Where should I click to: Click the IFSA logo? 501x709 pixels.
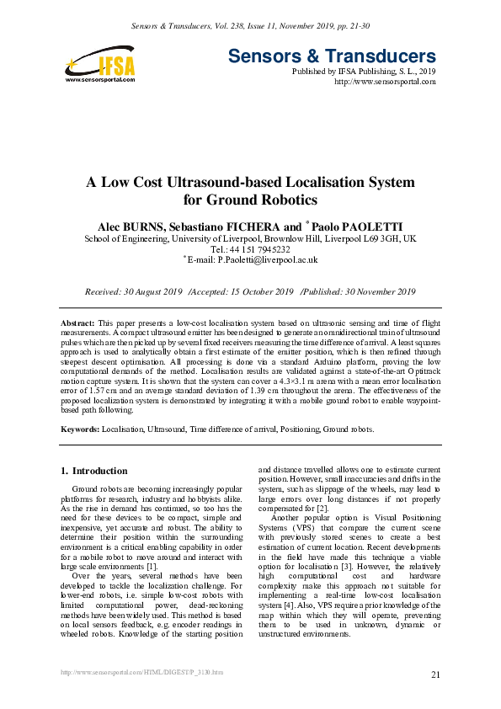(99, 65)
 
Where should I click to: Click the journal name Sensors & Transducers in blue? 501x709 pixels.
(332, 56)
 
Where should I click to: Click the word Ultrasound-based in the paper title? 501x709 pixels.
(232, 182)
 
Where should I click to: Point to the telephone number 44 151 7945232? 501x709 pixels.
(260, 250)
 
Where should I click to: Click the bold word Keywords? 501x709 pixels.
(80, 429)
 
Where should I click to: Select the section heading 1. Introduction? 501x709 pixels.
(95, 471)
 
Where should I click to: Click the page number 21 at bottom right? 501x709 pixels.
(434, 675)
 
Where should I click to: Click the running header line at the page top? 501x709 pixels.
(250, 28)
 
